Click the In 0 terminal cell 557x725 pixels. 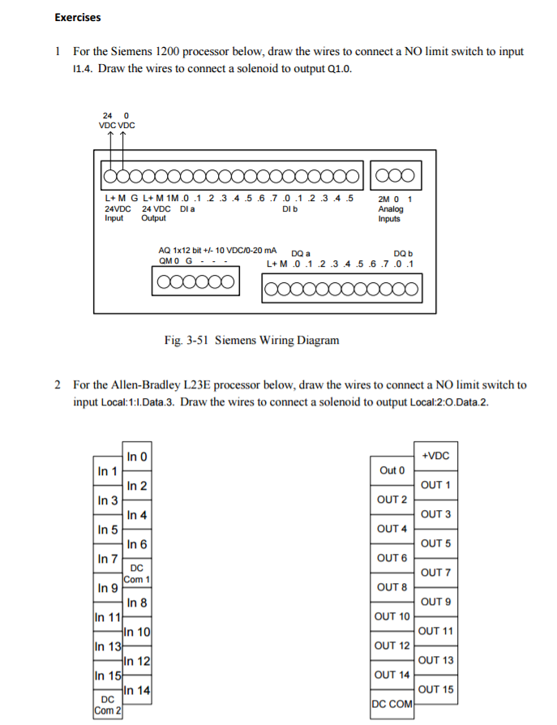point(137,457)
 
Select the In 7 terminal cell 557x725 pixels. point(108,559)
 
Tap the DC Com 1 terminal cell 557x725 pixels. point(137,574)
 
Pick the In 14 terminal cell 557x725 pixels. point(137,691)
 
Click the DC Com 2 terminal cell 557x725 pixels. point(108,706)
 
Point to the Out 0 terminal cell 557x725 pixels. point(392,470)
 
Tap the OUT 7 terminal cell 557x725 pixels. point(436,573)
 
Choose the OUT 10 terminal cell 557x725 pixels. point(392,616)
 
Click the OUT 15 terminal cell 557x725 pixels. point(436,689)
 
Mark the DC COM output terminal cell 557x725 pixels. point(392,704)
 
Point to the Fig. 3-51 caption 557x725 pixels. point(251,341)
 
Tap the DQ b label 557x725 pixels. point(403,253)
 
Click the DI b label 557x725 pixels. point(289,208)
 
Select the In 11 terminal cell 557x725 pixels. point(108,617)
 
